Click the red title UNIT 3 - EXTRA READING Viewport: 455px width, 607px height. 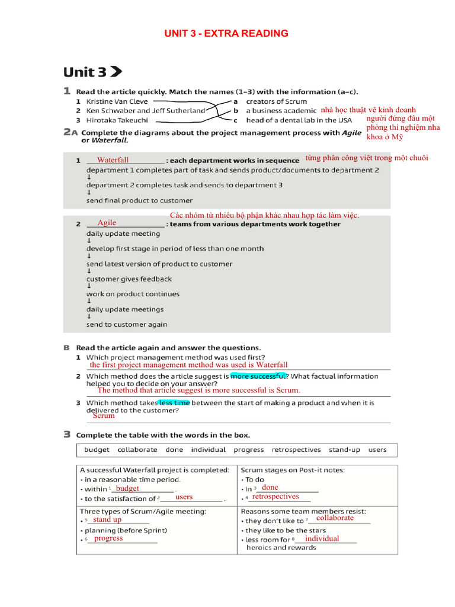(226, 34)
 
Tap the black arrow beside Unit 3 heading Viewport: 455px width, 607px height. (116, 72)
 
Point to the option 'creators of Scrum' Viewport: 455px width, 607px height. (276, 101)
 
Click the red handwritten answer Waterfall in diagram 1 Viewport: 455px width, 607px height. (113, 160)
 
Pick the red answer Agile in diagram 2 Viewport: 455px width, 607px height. (107, 223)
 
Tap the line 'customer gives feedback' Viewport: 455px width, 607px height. (129, 279)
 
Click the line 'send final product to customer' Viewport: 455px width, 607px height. (139, 200)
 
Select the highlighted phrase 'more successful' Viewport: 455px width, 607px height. (258, 376)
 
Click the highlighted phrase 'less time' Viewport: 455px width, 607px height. (174, 402)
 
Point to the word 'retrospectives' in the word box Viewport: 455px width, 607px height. (296, 450)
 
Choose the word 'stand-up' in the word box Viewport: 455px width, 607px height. (344, 450)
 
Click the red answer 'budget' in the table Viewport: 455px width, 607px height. (127, 488)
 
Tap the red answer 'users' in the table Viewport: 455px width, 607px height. (184, 497)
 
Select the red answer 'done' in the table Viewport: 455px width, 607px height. (270, 487)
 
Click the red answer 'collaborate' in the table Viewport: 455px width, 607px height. (335, 518)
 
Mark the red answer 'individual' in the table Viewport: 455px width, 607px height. (322, 539)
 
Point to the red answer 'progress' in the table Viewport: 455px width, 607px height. (108, 538)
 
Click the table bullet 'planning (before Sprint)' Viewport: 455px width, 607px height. (126, 531)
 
